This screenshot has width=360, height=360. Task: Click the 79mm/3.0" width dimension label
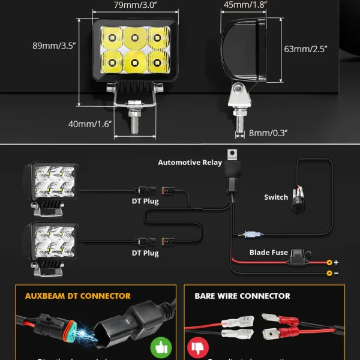click(134, 7)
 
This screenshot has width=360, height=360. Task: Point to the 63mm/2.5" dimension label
click(306, 49)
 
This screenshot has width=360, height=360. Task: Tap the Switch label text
click(276, 197)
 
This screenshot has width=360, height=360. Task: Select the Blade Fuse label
click(269, 253)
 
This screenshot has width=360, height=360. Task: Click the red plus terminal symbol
click(335, 262)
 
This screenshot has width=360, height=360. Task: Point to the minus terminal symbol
click(335, 273)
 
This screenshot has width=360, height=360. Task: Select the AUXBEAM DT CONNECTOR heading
click(77, 296)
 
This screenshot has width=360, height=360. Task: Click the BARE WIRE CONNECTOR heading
click(242, 296)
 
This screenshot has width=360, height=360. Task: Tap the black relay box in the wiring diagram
click(232, 171)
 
